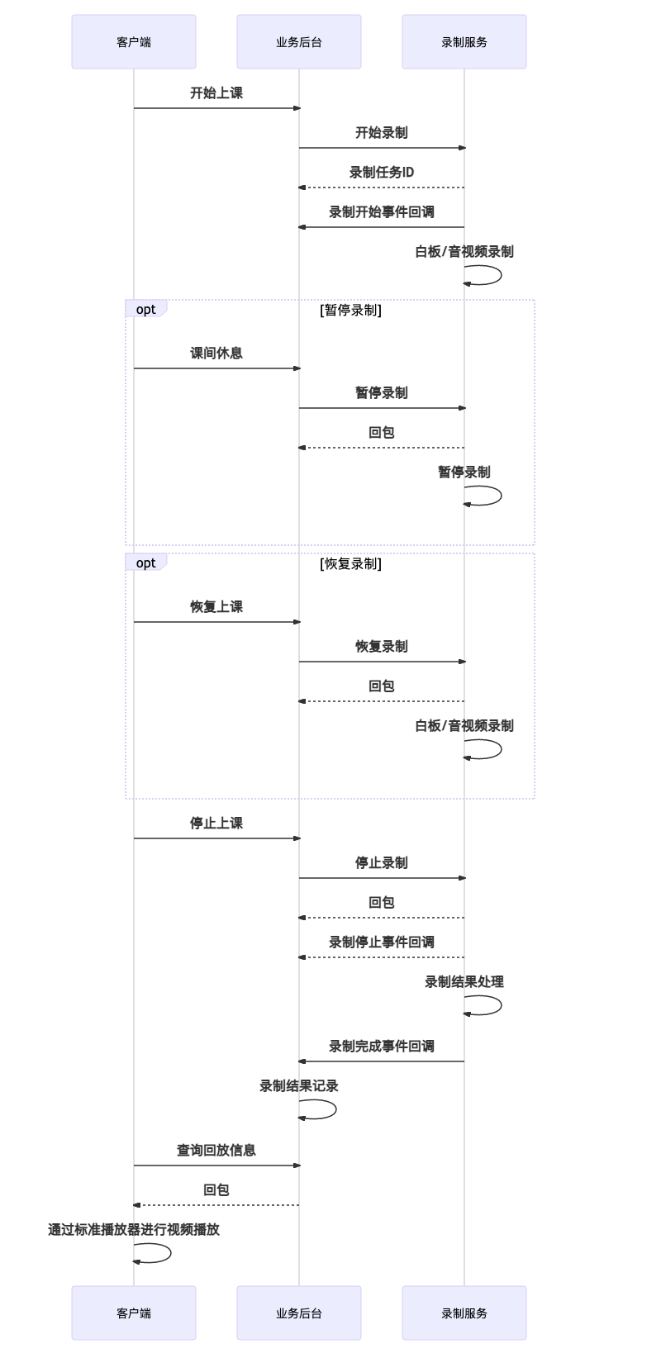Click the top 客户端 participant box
(x=134, y=41)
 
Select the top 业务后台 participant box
(x=299, y=41)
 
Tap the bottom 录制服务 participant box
(x=464, y=1313)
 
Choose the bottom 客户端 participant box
(x=134, y=1313)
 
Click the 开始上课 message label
(x=216, y=93)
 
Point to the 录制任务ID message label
(x=381, y=172)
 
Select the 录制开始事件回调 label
(x=381, y=212)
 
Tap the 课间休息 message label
(x=216, y=354)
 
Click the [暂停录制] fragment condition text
(x=350, y=310)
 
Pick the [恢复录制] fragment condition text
(x=350, y=563)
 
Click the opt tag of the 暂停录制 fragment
(x=145, y=309)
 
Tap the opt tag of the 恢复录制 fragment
(x=145, y=563)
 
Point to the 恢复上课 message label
(x=216, y=607)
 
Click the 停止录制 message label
(x=381, y=863)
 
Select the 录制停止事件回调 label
(x=381, y=942)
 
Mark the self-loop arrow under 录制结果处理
(x=501, y=1005)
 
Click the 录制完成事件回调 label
(x=381, y=1047)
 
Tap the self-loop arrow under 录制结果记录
(x=335, y=1109)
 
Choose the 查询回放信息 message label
(x=216, y=1150)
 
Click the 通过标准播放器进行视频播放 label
(x=134, y=1230)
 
